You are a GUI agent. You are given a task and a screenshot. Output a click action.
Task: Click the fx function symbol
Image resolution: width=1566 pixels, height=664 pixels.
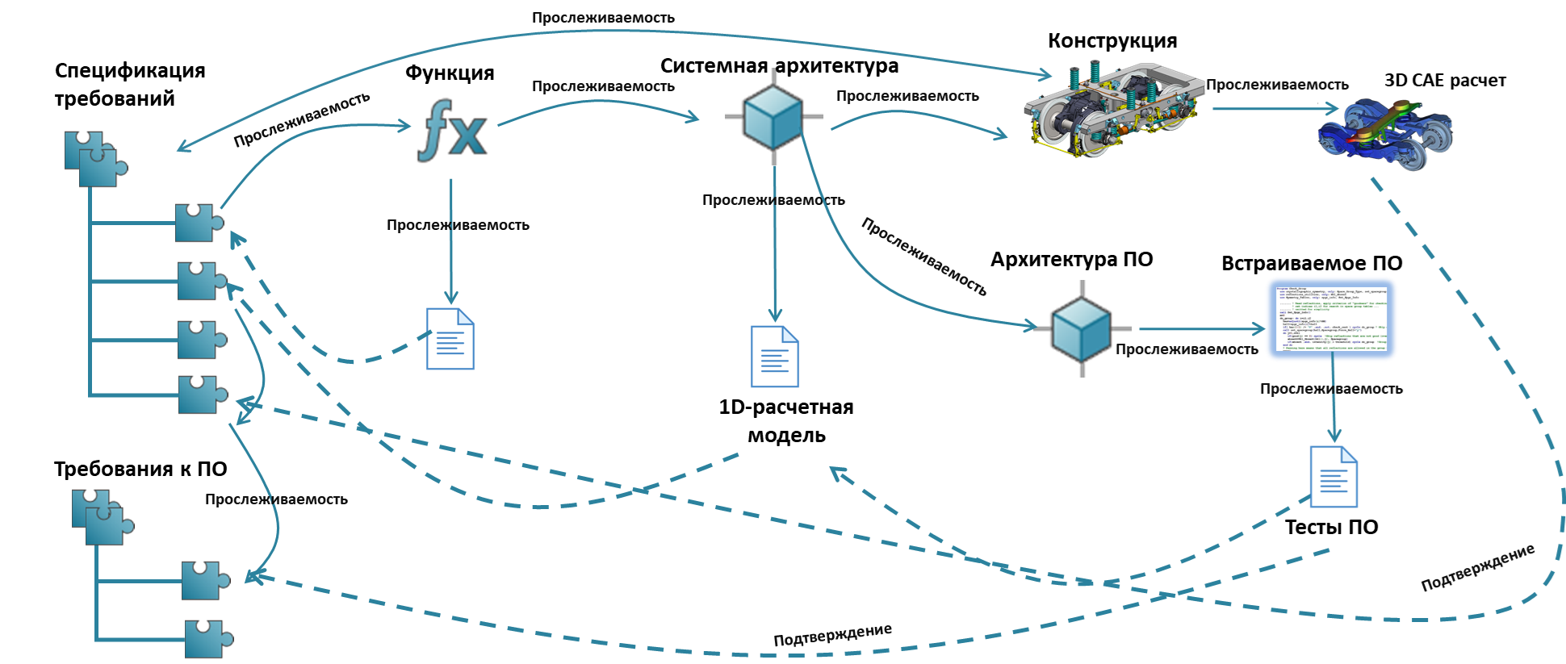453,131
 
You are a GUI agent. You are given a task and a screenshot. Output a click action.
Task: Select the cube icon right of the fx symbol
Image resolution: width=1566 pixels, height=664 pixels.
773,117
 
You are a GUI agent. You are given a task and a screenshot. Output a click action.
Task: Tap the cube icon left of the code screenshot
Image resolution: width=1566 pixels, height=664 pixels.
1082,328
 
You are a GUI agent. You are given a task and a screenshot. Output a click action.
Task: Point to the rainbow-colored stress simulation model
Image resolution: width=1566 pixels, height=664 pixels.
1385,134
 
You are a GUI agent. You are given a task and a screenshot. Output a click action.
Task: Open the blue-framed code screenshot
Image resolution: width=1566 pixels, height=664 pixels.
1331,319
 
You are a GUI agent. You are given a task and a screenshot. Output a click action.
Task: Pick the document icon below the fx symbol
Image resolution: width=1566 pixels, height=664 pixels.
450,339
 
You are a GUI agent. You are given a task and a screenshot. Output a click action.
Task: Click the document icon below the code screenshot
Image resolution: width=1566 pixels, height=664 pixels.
1334,477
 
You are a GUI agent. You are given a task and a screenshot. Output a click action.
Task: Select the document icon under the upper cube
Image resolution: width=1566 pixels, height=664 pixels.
775,357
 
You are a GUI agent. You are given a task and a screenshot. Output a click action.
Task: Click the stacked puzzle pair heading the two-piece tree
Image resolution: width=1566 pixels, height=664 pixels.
102,517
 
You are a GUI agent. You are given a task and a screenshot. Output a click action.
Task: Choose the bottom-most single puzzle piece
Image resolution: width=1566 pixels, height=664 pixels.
207,639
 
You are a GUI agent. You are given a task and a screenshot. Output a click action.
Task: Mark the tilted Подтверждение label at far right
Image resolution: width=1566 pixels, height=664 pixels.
1477,568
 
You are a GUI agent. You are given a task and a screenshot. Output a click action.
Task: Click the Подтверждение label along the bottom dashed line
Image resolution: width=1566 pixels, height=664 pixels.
832,634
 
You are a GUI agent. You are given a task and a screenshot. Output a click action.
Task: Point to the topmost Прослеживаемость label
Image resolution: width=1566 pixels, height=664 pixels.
603,17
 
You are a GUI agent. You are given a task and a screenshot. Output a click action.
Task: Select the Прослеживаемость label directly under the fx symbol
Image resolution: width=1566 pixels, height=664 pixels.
458,225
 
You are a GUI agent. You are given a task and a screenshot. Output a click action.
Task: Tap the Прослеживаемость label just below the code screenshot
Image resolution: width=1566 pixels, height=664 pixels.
1331,389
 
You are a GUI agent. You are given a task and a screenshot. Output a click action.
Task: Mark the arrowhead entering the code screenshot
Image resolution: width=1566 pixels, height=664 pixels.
1259,329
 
